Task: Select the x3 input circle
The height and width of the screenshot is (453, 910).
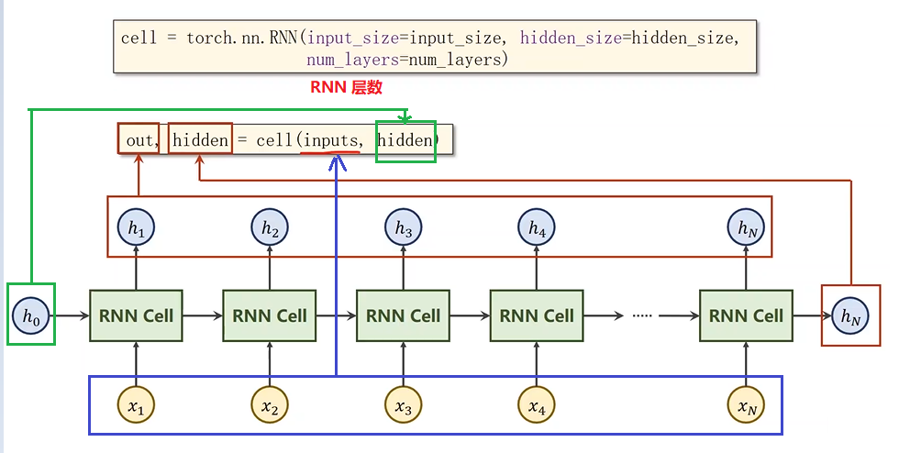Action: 404,407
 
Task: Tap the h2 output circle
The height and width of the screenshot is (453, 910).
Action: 270,228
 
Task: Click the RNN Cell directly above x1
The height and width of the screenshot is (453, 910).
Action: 137,316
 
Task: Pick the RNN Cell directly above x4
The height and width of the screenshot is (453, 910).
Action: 537,316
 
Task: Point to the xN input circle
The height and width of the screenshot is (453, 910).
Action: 747,407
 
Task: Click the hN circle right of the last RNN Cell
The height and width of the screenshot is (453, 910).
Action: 850,316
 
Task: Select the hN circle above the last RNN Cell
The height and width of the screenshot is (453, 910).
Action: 747,228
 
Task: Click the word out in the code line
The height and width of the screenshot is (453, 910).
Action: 139,141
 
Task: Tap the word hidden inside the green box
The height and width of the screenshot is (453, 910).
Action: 405,140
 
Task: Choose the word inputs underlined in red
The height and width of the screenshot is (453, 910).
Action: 329,141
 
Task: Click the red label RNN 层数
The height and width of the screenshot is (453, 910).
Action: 347,88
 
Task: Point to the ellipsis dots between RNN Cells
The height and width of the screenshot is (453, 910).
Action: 642,316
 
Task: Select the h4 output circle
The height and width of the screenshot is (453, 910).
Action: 537,228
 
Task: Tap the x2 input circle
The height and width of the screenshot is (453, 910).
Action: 270,407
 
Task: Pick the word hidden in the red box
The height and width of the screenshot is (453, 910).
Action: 200,140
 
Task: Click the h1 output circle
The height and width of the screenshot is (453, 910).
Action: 137,228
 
